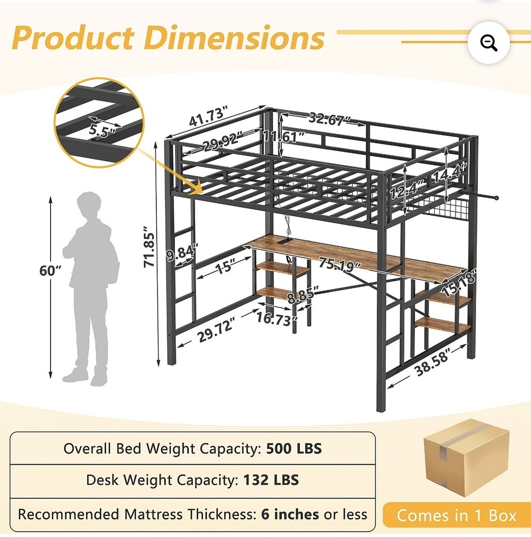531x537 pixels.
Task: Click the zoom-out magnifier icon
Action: point(489,43)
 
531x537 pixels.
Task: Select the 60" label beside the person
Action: point(50,271)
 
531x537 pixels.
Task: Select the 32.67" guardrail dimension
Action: point(329,119)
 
